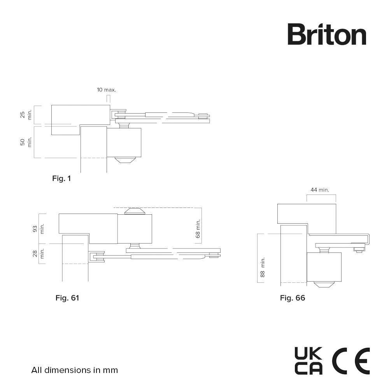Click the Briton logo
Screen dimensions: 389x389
pyautogui.click(x=327, y=35)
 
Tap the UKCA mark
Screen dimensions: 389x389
pyautogui.click(x=308, y=361)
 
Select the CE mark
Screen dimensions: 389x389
pyautogui.click(x=351, y=361)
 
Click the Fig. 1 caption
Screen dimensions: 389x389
pyautogui.click(x=61, y=179)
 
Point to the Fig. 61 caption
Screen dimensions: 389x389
pyautogui.click(x=67, y=298)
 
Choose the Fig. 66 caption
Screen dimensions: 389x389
pyautogui.click(x=293, y=298)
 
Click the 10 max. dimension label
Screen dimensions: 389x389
pyautogui.click(x=107, y=90)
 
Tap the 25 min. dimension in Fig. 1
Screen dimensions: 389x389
pyautogui.click(x=26, y=115)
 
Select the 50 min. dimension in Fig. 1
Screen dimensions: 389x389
pyautogui.click(x=26, y=142)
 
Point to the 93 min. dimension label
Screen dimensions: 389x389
pyautogui.click(x=39, y=228)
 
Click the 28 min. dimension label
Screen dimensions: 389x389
pyautogui.click(x=39, y=253)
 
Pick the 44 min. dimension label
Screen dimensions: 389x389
pyautogui.click(x=320, y=190)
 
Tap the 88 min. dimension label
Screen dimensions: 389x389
pyautogui.click(x=263, y=267)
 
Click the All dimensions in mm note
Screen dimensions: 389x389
pyautogui.click(x=74, y=370)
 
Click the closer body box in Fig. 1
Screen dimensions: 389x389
pyautogui.click(x=124, y=143)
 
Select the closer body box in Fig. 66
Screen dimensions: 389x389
pyautogui.click(x=324, y=267)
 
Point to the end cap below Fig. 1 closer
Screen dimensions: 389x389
pyautogui.click(x=125, y=160)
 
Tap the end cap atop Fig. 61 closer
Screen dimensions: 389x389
pyautogui.click(x=135, y=211)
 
